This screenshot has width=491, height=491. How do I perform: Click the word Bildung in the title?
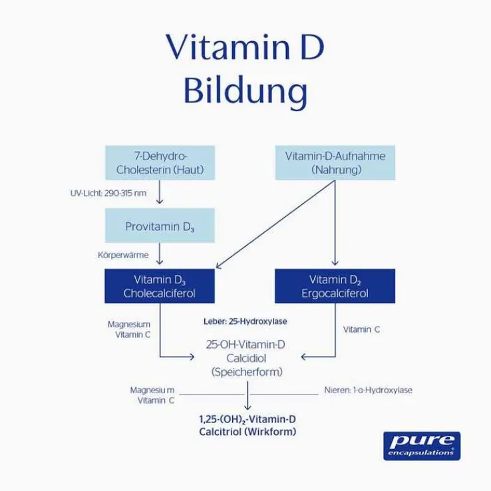pos(245,92)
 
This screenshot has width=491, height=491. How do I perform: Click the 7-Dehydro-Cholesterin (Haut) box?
pos(160,163)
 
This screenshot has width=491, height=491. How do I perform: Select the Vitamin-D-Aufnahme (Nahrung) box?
pos(335,163)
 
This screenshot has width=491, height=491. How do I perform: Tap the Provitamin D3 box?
pos(160,226)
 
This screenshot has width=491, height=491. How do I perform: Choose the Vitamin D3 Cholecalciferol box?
pos(160,286)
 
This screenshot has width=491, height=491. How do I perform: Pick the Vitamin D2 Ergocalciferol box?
pos(335,286)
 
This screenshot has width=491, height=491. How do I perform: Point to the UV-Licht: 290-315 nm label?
pos(108,193)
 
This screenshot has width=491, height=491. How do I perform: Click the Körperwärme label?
pos(123,255)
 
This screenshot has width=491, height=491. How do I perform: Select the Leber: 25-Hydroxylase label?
pos(245,321)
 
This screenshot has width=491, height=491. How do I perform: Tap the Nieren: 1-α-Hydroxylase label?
pos(368,390)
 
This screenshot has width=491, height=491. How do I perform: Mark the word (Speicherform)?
pos(245,373)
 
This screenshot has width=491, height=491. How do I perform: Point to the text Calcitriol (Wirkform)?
pos(247,432)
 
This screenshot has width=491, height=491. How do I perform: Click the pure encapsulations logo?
pos(421,444)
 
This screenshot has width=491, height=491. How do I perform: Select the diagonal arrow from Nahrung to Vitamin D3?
pos(273,226)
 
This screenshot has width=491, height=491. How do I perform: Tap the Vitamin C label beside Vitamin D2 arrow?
pos(362,329)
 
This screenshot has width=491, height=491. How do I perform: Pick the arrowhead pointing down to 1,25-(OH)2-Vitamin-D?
pos(247,406)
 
